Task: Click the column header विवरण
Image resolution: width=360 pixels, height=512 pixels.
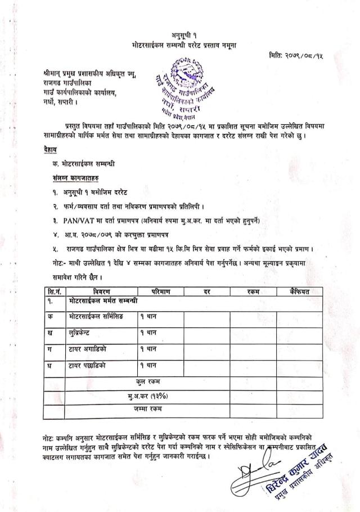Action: pos(97,291)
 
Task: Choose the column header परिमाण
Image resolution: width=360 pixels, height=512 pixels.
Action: pos(161,291)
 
